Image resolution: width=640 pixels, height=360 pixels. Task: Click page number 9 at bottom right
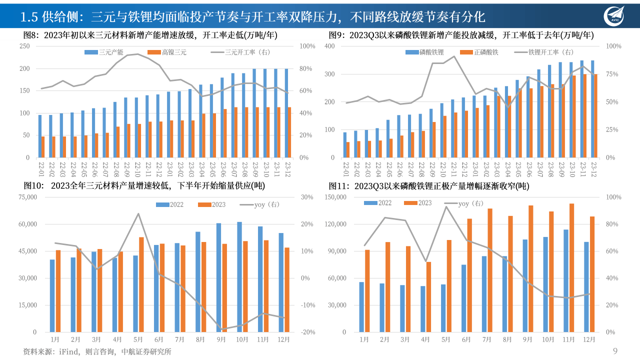615,351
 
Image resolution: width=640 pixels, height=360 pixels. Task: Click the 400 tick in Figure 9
328,46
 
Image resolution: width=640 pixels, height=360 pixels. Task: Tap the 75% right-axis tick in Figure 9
614,74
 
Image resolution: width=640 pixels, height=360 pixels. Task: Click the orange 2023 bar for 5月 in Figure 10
141,284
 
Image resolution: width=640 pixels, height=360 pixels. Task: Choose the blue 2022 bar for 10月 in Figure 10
239,276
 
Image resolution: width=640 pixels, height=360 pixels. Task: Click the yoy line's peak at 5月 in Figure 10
138,214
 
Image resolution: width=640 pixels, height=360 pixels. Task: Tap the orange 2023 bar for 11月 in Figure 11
572,267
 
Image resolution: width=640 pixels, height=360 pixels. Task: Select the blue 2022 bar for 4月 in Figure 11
423,308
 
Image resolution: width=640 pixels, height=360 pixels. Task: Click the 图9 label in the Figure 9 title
336,35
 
